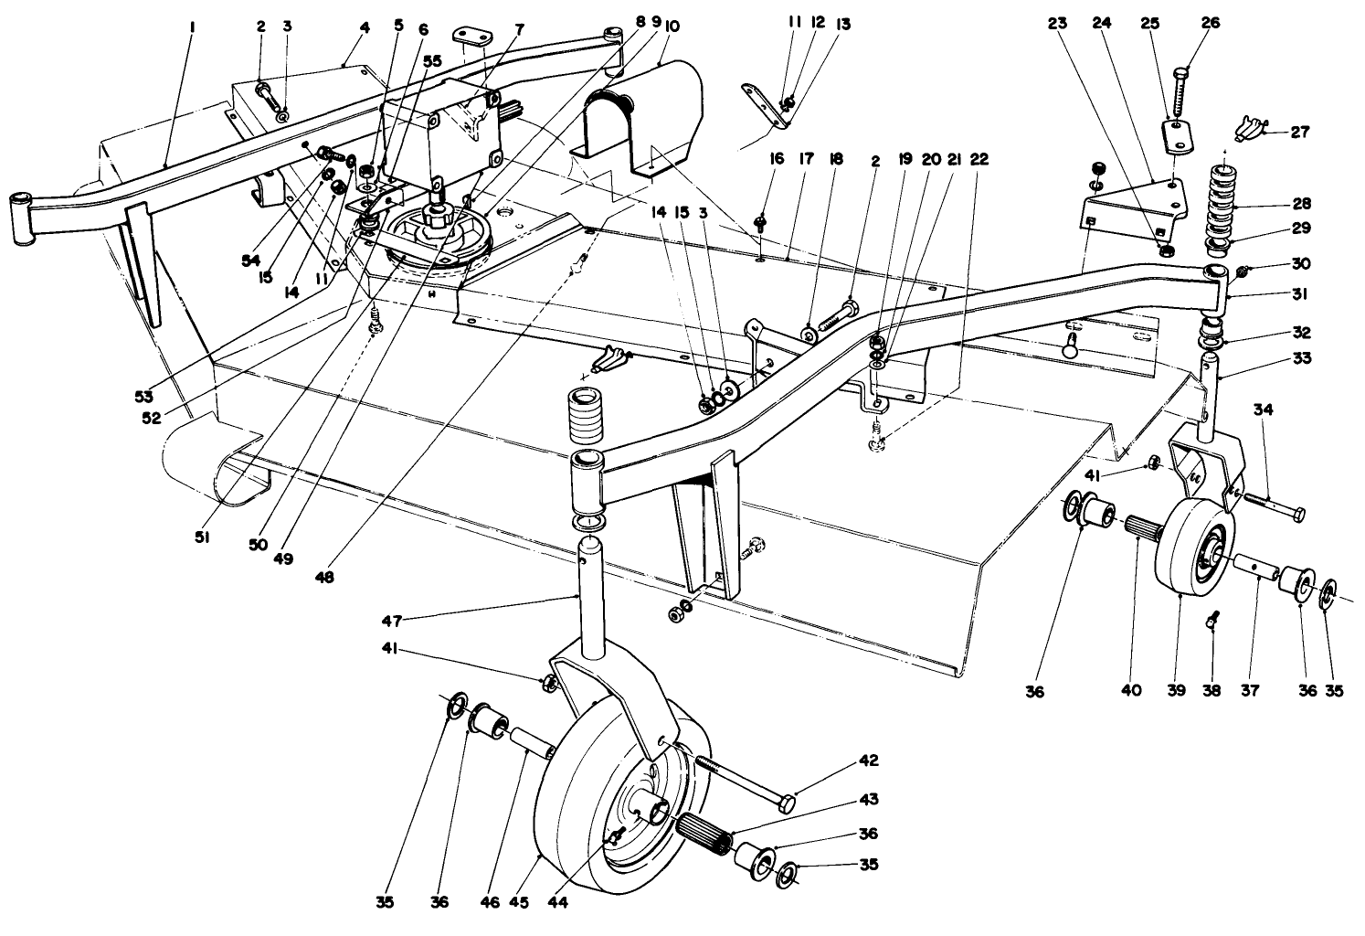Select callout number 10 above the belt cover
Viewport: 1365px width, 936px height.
click(672, 27)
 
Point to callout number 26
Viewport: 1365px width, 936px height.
click(1212, 25)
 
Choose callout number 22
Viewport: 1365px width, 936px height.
click(978, 159)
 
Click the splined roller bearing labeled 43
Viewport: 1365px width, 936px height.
click(704, 833)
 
